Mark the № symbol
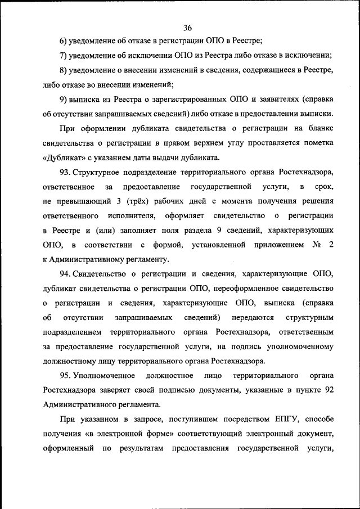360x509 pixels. point(316,245)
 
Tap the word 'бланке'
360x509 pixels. point(321,128)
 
